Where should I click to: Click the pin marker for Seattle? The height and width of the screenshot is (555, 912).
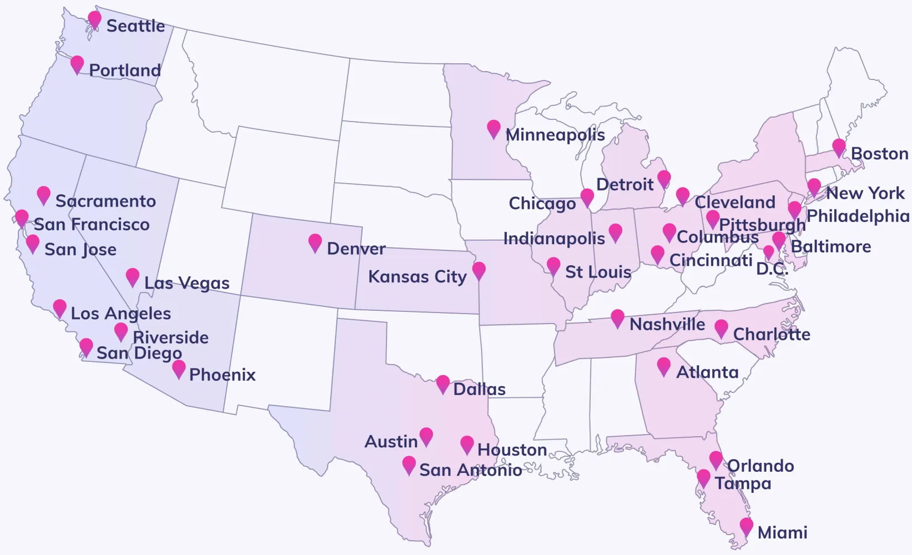[95, 20]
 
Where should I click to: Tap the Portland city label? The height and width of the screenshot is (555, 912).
[125, 70]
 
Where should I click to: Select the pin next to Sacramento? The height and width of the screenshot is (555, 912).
[44, 195]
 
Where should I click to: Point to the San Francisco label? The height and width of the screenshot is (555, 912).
[92, 224]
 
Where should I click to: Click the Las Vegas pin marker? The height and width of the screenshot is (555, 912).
[133, 276]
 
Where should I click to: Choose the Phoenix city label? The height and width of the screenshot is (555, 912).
[222, 375]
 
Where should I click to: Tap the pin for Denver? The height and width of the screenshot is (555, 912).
[315, 243]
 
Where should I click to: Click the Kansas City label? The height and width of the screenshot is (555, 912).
[417, 276]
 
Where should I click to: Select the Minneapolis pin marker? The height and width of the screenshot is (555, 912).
[493, 129]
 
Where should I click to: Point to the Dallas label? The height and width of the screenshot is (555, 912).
[479, 389]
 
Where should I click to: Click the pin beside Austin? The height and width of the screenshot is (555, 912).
[426, 436]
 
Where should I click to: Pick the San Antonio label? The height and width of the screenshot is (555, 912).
[470, 470]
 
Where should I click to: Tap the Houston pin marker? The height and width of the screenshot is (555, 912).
[467, 444]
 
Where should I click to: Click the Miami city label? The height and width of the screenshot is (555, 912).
[782, 533]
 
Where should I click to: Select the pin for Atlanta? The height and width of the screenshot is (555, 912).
[664, 366]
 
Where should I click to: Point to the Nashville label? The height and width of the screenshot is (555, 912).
[667, 324]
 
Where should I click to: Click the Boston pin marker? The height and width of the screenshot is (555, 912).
[839, 148]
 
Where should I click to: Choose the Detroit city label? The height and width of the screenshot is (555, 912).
[625, 184]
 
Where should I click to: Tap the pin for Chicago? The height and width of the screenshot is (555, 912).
[587, 197]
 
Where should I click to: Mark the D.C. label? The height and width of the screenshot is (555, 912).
[772, 269]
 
